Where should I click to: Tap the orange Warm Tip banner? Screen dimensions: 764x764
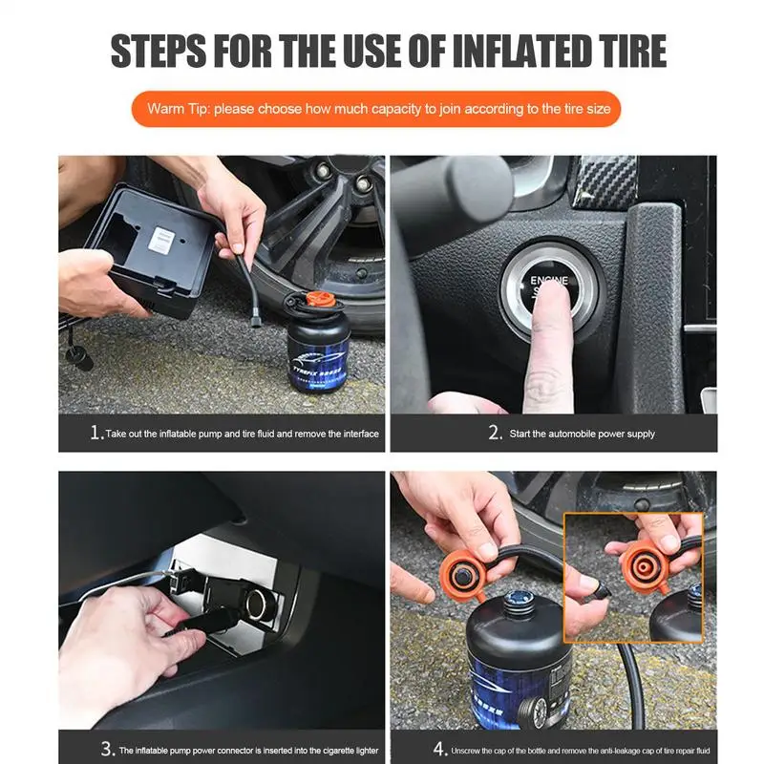click(378, 109)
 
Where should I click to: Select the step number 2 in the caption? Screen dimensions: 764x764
click(495, 433)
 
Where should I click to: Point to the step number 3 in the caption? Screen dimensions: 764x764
click(107, 749)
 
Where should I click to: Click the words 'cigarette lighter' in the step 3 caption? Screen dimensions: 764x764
click(339, 750)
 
